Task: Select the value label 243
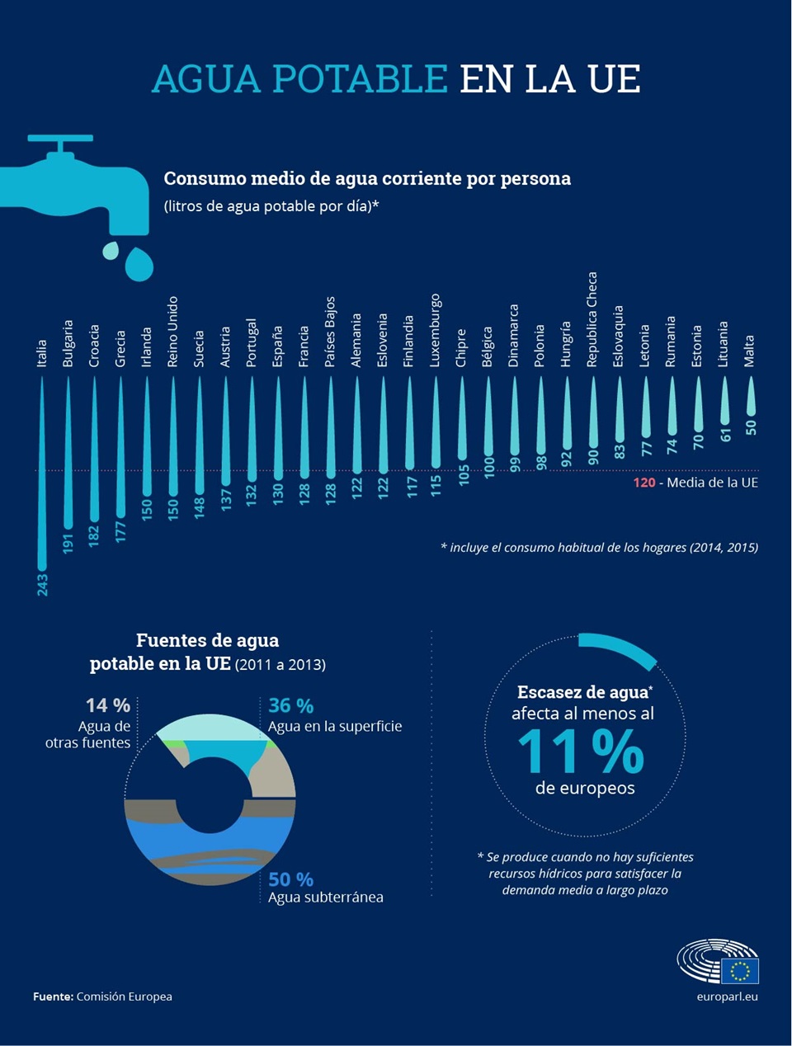pyautogui.click(x=42, y=585)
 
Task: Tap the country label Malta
pyautogui.click(x=749, y=351)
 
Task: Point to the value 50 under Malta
pyautogui.click(x=751, y=427)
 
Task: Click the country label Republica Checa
pyautogui.click(x=592, y=319)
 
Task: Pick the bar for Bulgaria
pyautogui.click(x=68, y=453)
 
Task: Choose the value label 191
pyautogui.click(x=68, y=544)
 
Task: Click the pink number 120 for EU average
pyautogui.click(x=643, y=483)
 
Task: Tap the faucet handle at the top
pyautogui.click(x=60, y=139)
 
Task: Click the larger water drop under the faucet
pyautogui.click(x=139, y=264)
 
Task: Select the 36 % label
pyautogui.click(x=290, y=706)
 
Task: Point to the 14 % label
pyautogui.click(x=108, y=706)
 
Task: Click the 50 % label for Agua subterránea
pyautogui.click(x=290, y=879)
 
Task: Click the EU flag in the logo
pyautogui.click(x=739, y=971)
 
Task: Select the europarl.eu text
pyautogui.click(x=727, y=997)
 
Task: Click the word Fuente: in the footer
pyautogui.click(x=53, y=997)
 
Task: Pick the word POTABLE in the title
pyautogui.click(x=361, y=79)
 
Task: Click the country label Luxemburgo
pyautogui.click(x=434, y=330)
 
